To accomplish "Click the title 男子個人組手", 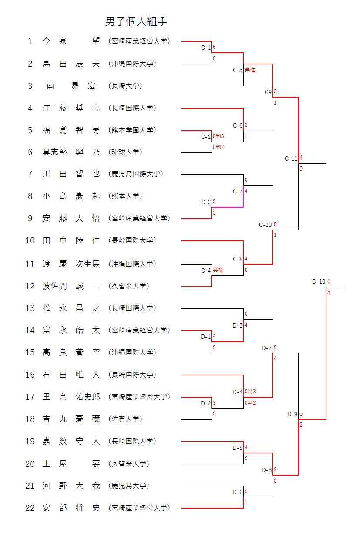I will tap(136, 21).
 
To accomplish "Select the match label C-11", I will tap(291, 159).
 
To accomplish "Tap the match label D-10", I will tap(319, 281).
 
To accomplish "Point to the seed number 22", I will tap(30, 508).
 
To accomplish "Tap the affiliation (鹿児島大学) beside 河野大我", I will tap(129, 486).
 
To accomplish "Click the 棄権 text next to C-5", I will tap(249, 70).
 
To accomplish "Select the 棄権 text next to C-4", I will tap(218, 270).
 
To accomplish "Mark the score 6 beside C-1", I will tap(214, 47).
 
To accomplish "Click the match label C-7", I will tap(238, 191).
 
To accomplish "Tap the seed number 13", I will tap(30, 308).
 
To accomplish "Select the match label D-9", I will tap(293, 414).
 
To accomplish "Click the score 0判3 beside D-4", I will tap(250, 392).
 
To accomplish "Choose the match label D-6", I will tap(238, 492).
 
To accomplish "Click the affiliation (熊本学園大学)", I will tap(132, 130).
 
